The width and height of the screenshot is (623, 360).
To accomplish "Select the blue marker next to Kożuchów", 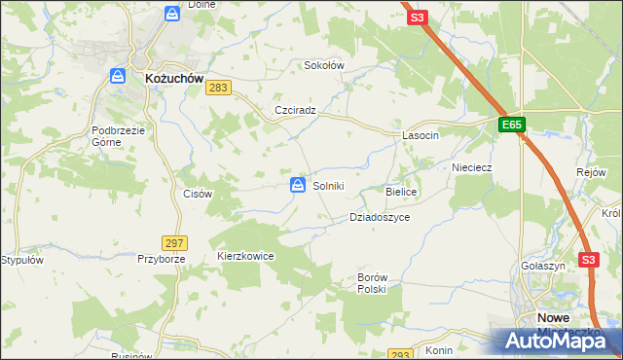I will point(118,75).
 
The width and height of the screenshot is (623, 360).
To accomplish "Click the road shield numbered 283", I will point(219,89).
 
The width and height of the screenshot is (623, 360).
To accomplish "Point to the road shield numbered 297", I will point(175,242).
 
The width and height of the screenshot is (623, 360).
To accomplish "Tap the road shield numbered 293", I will point(400,355).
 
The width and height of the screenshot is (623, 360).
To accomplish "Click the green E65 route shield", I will point(513,125).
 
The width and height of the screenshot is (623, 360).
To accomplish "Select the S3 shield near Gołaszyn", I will point(587,260).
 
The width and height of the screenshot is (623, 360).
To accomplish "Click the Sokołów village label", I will point(325,66).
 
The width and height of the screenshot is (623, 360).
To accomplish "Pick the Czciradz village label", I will point(296,110).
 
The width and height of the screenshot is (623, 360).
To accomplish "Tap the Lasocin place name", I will point(421,136).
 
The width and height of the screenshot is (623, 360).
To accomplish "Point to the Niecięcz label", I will point(472,167).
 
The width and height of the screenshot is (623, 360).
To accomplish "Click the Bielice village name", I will point(401,193).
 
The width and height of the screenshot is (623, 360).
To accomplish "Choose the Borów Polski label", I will point(372,283).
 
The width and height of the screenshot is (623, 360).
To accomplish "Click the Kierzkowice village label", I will point(245,256).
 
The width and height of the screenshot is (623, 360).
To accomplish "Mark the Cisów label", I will point(198,194).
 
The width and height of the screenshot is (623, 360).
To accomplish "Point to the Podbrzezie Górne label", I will point(119,135).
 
